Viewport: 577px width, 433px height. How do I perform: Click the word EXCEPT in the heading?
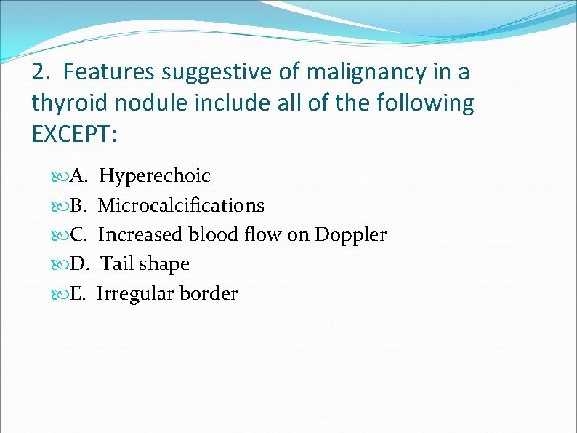coord(73,134)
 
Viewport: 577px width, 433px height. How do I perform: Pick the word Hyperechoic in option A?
coord(155,176)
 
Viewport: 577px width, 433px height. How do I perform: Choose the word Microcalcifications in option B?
coord(181,206)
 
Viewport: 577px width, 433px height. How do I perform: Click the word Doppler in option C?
coord(350,235)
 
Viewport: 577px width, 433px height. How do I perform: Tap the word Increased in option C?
coord(140,235)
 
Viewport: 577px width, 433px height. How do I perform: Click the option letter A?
coord(80,176)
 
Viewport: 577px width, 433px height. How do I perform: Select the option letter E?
coord(79,294)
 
